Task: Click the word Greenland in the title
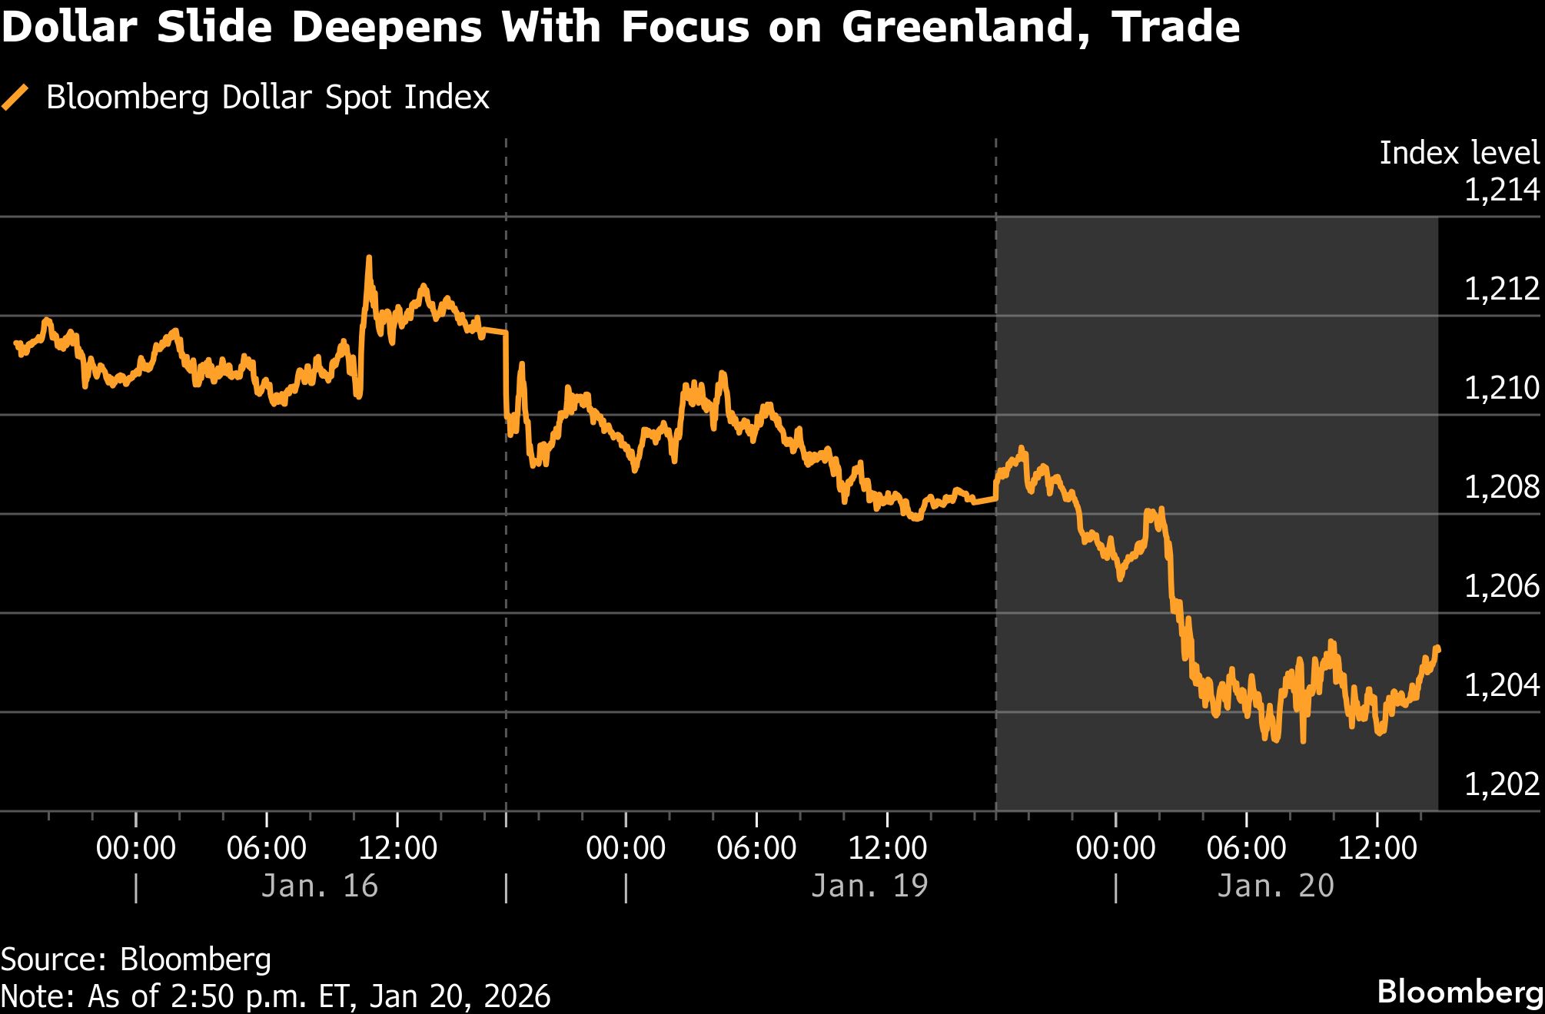tap(965, 28)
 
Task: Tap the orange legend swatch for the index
tap(15, 98)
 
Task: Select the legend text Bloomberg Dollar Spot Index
tap(267, 98)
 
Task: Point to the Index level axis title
tap(1459, 153)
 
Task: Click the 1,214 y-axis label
tap(1501, 190)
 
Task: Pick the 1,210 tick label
tap(1501, 388)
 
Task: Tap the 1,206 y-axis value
tap(1501, 586)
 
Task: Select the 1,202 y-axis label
tap(1501, 784)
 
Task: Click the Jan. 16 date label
tap(320, 886)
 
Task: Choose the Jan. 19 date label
tap(869, 886)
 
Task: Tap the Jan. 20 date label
tap(1275, 886)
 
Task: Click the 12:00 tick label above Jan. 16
tap(397, 848)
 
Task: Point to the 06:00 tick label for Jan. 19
tap(756, 848)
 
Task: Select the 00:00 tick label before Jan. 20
tap(1115, 848)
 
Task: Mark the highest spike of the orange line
tap(369, 259)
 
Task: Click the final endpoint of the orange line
tap(1437, 649)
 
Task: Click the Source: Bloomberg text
tap(136, 959)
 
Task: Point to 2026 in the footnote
tap(517, 996)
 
